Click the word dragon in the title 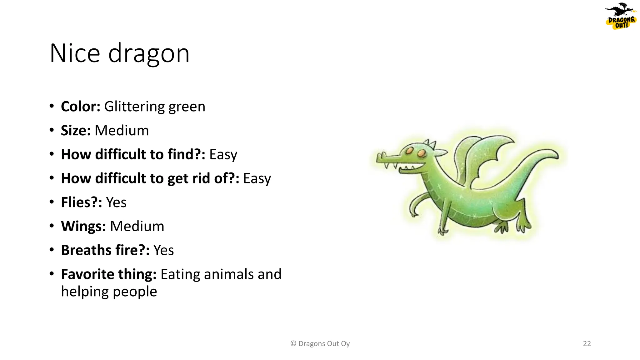pyautogui.click(x=149, y=53)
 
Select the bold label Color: pyautogui.click(x=80, y=107)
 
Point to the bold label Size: pyautogui.click(x=76, y=131)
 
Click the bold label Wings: pyautogui.click(x=83, y=226)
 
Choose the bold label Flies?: pyautogui.click(x=81, y=202)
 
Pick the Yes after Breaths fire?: pyautogui.click(x=163, y=250)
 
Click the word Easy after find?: pyautogui.click(x=223, y=155)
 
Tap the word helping pyautogui.click(x=85, y=292)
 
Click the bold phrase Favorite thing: pyautogui.click(x=108, y=274)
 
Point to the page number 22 pyautogui.click(x=587, y=344)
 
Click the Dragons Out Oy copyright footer pyautogui.click(x=320, y=344)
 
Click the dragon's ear pyautogui.click(x=441, y=152)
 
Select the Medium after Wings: pyautogui.click(x=137, y=226)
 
